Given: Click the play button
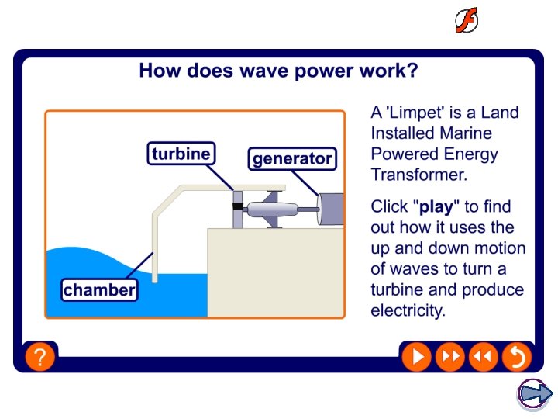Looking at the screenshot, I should click(x=416, y=357).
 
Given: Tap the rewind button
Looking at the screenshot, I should click(x=482, y=357).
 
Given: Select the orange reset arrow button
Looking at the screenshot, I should click(x=515, y=357).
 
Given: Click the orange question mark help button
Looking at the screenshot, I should click(x=40, y=357).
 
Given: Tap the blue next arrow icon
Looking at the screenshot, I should click(x=535, y=394).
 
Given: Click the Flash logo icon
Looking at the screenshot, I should click(x=467, y=21).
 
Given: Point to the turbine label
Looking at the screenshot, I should click(x=181, y=154).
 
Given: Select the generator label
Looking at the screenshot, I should click(x=292, y=159).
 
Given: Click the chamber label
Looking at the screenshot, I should click(x=99, y=290).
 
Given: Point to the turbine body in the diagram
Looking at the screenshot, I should click(x=277, y=209).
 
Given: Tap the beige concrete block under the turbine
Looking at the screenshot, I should click(x=275, y=272).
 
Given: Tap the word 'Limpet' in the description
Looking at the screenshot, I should click(x=417, y=113).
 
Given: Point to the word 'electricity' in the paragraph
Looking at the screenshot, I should click(x=408, y=311).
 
